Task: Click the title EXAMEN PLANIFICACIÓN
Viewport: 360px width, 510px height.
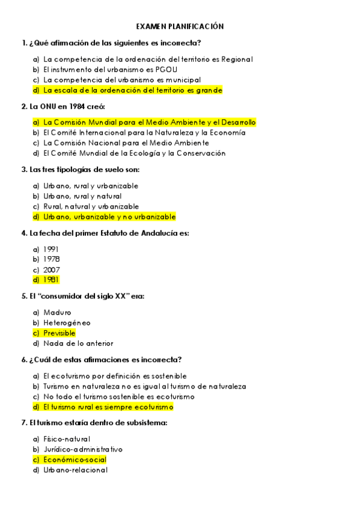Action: pos(180,26)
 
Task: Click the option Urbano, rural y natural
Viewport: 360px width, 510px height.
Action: pos(82,196)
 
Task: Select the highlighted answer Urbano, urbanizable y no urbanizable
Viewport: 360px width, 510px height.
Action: pos(109,217)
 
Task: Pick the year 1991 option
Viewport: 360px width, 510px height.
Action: pos(51,249)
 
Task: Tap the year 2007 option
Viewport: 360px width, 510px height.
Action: pos(52,269)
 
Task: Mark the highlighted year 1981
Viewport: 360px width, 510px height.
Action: pos(51,280)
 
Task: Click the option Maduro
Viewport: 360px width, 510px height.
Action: pos(57,312)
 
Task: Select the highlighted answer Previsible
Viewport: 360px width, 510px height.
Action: pos(59,333)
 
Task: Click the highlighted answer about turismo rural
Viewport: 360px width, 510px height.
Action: pos(108,407)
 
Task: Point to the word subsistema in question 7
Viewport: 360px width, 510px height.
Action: pos(144,423)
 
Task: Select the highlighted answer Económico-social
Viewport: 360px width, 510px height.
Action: pos(75,459)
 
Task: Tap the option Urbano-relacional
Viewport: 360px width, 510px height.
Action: pos(75,470)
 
